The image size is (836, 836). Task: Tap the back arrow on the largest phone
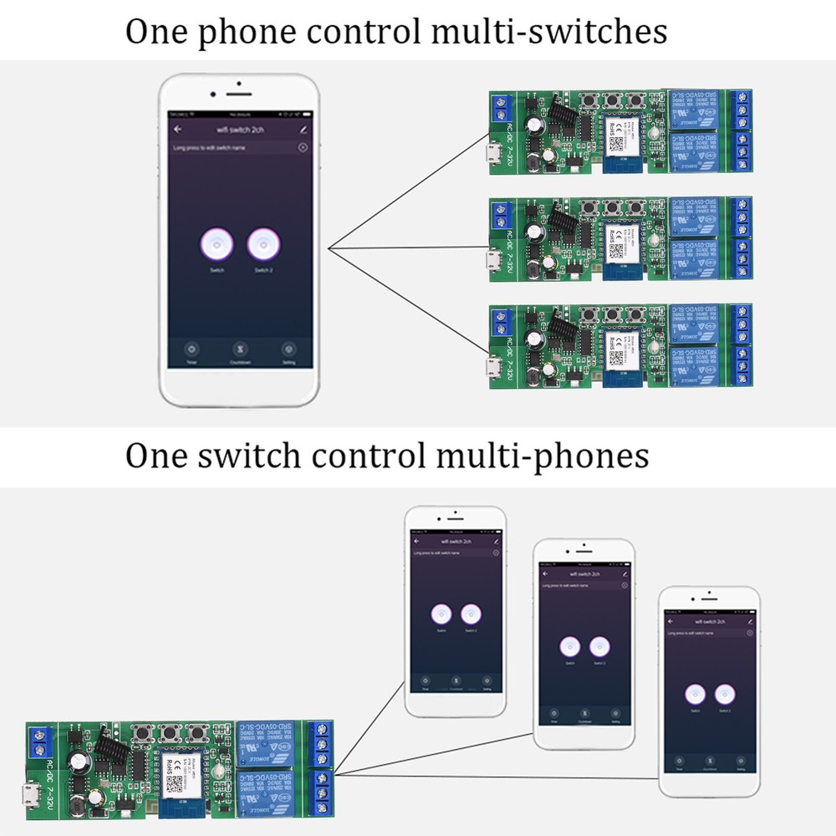(178, 130)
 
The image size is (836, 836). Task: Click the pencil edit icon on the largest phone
(302, 130)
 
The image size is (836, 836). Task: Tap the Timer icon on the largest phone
(191, 349)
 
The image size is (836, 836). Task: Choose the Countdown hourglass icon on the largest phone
(240, 349)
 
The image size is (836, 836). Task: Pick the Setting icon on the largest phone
(288, 349)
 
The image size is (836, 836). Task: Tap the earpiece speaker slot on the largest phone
(239, 93)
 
